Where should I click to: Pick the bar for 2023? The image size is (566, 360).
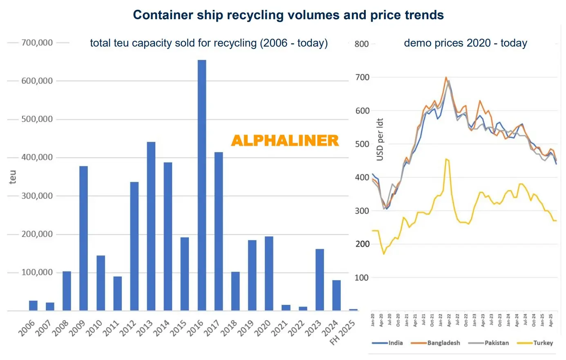(x=320, y=280)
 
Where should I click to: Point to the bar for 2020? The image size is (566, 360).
(x=269, y=273)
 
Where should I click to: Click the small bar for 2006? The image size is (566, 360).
(x=33, y=306)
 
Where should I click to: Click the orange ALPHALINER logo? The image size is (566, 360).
(x=285, y=141)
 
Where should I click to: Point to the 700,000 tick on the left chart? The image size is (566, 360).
(x=37, y=42)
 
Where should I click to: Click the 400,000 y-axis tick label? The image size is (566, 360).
(x=37, y=157)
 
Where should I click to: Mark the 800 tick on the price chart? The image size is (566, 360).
(x=362, y=44)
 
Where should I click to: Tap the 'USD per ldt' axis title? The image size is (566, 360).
(x=380, y=139)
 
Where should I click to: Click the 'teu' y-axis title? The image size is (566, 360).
(x=13, y=177)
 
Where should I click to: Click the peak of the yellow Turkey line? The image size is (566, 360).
(x=446, y=159)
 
